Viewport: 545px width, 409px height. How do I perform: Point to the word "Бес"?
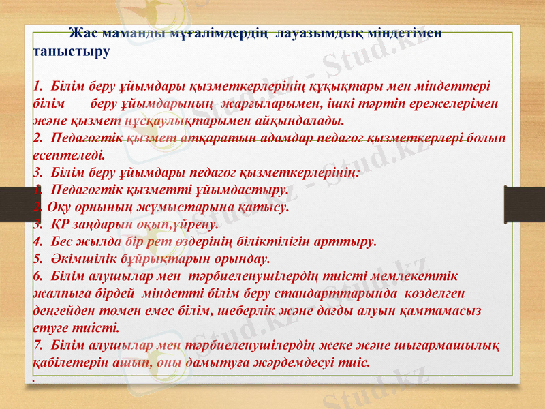pos(63,241)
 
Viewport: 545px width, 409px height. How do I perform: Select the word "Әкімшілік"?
pos(80,259)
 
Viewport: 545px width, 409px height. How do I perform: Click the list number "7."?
pos(39,345)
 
